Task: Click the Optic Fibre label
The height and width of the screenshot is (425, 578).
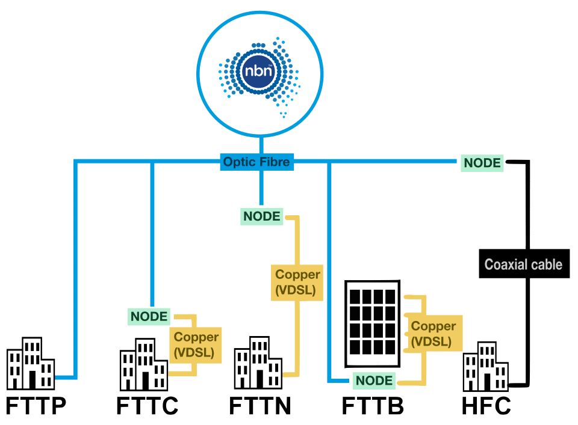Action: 256,162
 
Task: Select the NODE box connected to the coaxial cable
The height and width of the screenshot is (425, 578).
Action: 482,162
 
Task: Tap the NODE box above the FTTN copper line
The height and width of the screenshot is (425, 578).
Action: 261,216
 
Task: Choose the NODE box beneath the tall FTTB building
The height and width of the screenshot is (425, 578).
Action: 374,380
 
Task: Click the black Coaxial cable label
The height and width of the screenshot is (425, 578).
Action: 523,264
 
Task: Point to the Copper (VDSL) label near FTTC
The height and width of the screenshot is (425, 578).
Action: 196,344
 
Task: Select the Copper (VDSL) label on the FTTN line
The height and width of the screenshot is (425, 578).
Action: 297,283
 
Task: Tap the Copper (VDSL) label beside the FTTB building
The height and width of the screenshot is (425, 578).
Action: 433,334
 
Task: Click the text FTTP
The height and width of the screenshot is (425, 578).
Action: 36,406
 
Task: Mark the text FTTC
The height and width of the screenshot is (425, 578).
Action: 147,406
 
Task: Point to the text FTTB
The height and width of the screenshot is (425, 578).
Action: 373,406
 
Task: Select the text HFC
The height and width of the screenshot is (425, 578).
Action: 486,406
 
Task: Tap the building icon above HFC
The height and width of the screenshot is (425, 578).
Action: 485,367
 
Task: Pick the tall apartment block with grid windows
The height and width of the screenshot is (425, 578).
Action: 372,323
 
